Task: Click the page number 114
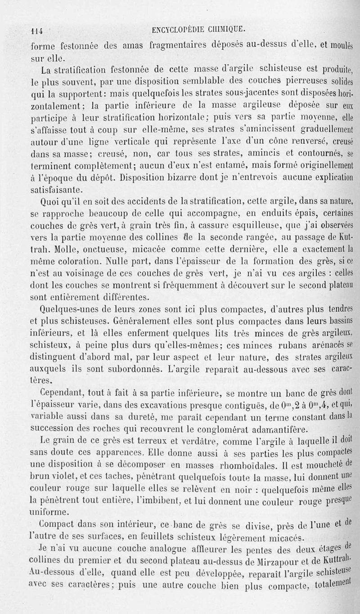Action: tap(36, 31)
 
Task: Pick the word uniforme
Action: tap(49, 512)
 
